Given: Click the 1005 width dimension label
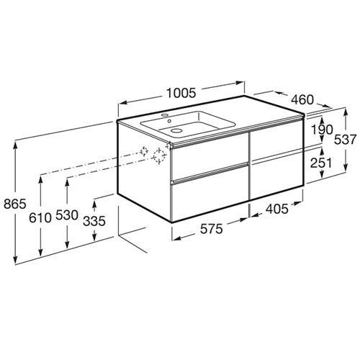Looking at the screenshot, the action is [181, 93].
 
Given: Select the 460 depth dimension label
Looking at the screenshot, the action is [302, 99].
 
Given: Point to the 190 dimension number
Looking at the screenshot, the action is [322, 130].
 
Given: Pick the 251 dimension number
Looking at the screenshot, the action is [322, 163].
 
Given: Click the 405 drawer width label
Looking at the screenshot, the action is [276, 209].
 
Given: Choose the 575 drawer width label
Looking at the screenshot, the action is [212, 229].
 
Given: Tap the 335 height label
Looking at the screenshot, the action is [94, 221].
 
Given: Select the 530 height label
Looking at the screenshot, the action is [67, 215].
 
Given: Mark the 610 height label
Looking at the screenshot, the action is [40, 218].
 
